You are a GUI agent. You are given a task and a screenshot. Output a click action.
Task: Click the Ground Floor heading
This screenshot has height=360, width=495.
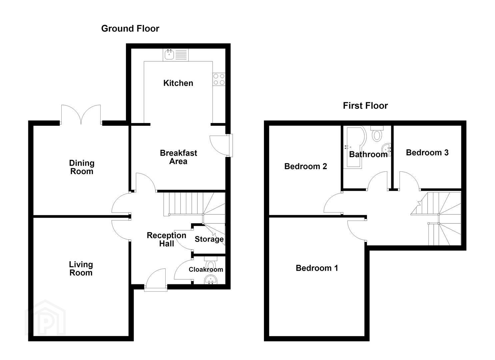130,29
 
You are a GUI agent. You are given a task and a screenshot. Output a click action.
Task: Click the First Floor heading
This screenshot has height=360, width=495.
365,106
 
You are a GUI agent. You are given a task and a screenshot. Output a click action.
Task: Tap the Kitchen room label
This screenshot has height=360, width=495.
178,83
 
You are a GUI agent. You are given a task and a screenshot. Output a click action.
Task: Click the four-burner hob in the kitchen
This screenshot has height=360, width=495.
219,79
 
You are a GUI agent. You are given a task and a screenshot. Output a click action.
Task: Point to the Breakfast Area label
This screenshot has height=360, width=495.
178,157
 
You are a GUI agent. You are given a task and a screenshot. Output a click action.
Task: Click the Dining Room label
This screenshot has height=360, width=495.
82,167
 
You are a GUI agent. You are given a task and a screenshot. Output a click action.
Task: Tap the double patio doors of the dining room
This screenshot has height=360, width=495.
81,114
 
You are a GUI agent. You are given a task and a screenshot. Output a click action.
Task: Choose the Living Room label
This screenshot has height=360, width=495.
81,268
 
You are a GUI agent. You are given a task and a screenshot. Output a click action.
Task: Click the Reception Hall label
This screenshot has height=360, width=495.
166,239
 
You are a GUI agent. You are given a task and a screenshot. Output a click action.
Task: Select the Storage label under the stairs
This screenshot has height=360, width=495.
209,239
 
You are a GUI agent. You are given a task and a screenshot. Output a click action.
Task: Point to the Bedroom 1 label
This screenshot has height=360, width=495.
317,268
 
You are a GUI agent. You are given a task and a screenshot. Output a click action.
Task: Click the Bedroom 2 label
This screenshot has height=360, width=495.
305,166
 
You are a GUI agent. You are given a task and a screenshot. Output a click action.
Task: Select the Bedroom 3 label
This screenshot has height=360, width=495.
427,152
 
